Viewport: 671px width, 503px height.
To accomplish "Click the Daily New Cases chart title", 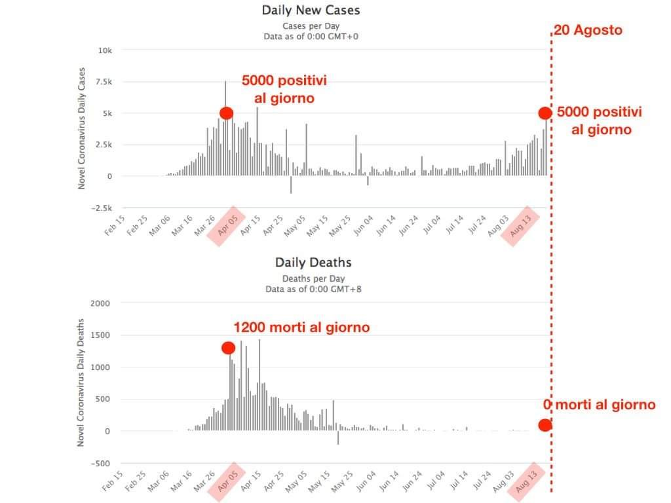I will click(x=311, y=10).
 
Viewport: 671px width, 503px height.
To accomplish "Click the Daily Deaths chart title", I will click(x=313, y=263).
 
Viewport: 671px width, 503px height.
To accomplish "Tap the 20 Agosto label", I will click(x=588, y=30).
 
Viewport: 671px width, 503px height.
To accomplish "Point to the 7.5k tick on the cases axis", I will click(x=104, y=82).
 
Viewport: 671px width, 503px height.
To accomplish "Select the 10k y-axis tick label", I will click(x=105, y=50).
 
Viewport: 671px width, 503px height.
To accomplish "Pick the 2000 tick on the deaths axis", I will click(x=100, y=303).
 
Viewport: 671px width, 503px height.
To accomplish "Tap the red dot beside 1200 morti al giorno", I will click(x=228, y=348).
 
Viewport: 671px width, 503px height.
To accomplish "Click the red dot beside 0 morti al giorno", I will click(x=545, y=425).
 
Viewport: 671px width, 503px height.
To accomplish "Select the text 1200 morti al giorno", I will click(x=301, y=327).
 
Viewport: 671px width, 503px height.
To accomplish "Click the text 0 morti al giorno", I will click(x=600, y=405).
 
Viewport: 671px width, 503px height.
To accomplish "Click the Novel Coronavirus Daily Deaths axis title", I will click(x=81, y=382).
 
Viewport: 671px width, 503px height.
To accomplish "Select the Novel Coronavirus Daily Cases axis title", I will click(x=82, y=128).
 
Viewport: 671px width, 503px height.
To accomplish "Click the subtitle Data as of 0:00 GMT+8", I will click(x=313, y=289).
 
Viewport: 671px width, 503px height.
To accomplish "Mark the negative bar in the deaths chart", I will click(x=338, y=438).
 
